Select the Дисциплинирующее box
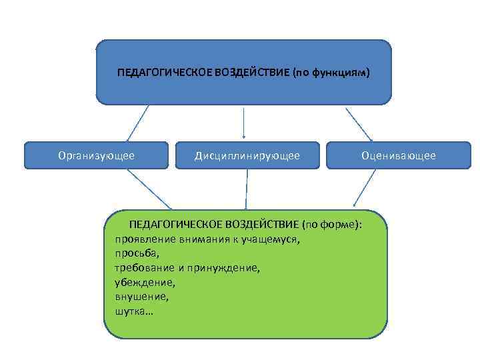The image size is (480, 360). point(247,155)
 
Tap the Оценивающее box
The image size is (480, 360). point(398,155)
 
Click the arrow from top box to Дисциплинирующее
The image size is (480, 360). point(244,123)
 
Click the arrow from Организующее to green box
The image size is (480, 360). point(149,189)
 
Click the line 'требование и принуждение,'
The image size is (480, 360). point(187,267)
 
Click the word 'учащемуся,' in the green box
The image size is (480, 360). point(271,239)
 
